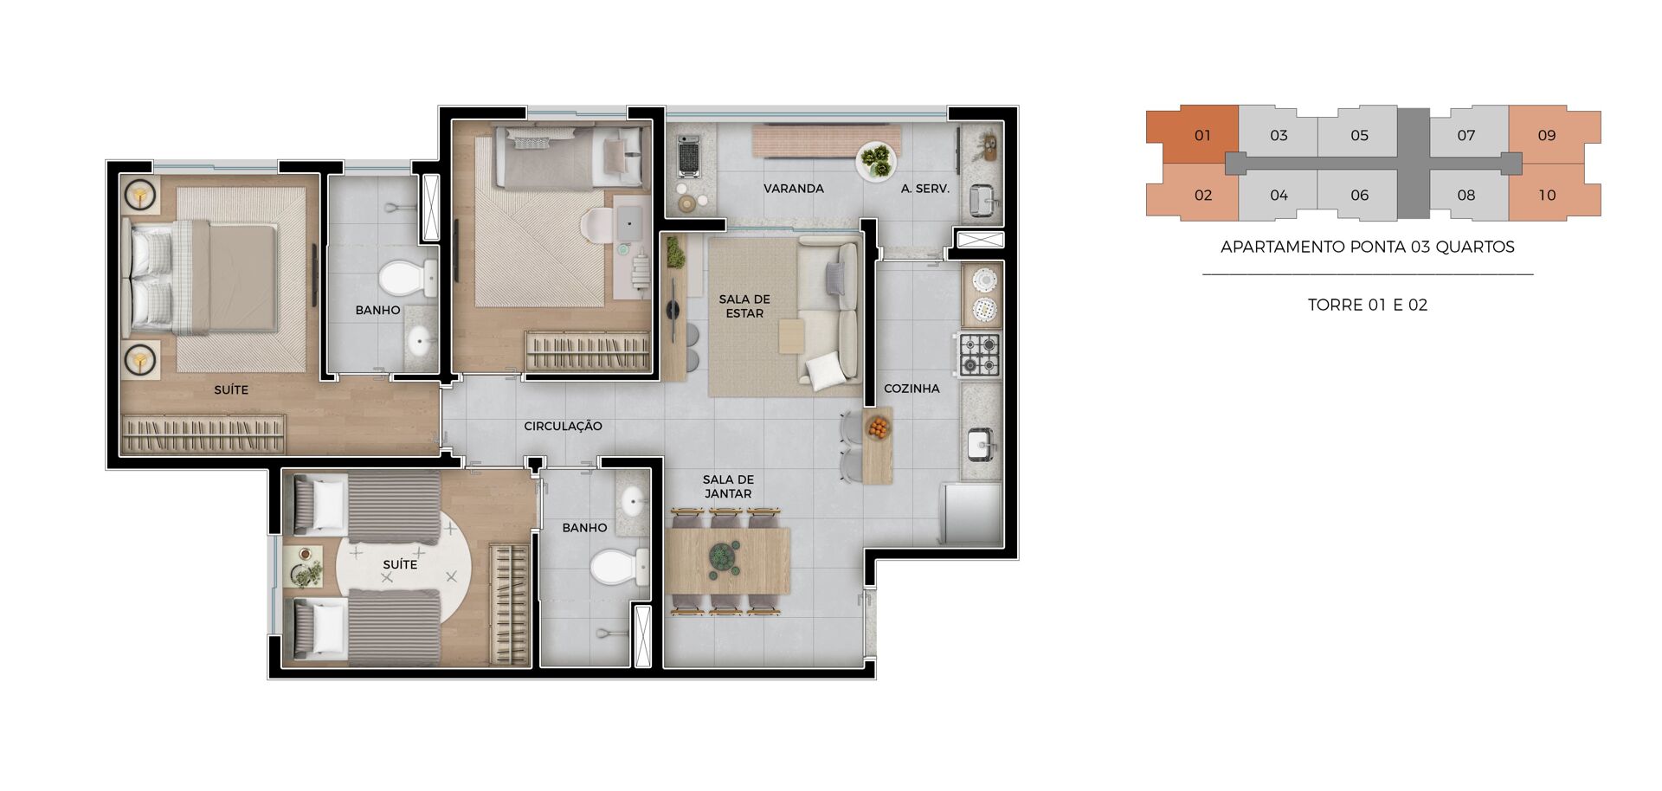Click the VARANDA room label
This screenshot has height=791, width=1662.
coord(793,189)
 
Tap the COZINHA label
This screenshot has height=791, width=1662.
coord(912,389)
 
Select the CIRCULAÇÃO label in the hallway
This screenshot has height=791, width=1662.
coord(563,426)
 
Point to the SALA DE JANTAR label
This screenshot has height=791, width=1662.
coord(728,486)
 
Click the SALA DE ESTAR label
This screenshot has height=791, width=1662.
coord(744,306)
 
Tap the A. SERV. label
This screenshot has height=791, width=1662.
coord(924,189)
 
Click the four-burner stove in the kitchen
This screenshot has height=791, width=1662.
coord(980,355)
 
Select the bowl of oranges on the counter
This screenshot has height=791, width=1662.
coord(878,427)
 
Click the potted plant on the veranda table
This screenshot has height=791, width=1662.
coord(876,161)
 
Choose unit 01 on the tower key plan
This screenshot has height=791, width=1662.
coord(1193,135)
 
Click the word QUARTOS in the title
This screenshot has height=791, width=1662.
coord(1475,247)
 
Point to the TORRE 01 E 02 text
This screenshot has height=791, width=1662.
coord(1368,305)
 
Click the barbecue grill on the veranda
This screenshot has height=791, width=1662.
coord(688,156)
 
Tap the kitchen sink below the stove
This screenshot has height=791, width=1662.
coord(982,444)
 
